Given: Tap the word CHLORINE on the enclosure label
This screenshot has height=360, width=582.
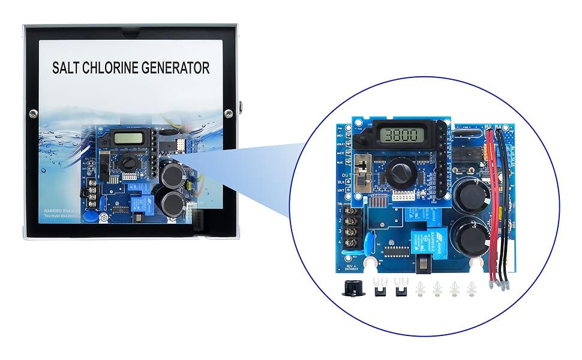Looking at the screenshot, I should (116, 68).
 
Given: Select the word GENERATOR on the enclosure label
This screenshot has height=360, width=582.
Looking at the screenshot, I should (179, 68).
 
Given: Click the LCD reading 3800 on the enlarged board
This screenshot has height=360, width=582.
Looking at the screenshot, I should (404, 136).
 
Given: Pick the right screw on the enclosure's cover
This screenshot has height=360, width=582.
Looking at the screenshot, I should (229, 113).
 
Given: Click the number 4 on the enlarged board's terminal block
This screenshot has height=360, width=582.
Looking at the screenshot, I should (340, 241).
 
